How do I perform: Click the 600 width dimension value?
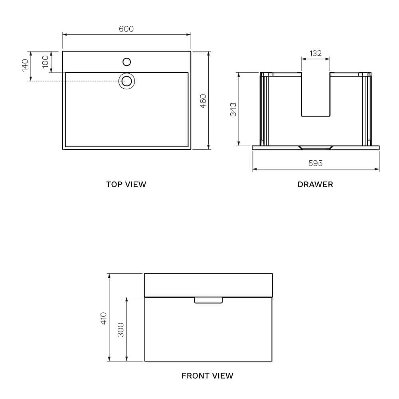pyautogui.click(x=126, y=29)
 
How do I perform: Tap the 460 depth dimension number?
pyautogui.click(x=203, y=101)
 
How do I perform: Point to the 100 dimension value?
pyautogui.click(x=45, y=61)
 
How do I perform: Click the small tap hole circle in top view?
pyautogui.click(x=126, y=61)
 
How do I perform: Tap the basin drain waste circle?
pyautogui.click(x=126, y=81)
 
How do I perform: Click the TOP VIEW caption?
pyautogui.click(x=126, y=184)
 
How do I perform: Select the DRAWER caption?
pyautogui.click(x=315, y=184)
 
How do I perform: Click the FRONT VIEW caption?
pyautogui.click(x=207, y=375)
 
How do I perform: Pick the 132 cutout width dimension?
pyautogui.click(x=316, y=53)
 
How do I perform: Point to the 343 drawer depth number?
pyautogui.click(x=233, y=109)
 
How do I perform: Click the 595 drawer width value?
pyautogui.click(x=315, y=163)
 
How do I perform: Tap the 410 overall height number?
pyautogui.click(x=104, y=318)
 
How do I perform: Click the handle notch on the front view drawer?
pyautogui.click(x=208, y=300)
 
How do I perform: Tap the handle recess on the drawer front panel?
pyautogui.click(x=315, y=147)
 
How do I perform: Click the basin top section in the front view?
pyautogui.click(x=208, y=285)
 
